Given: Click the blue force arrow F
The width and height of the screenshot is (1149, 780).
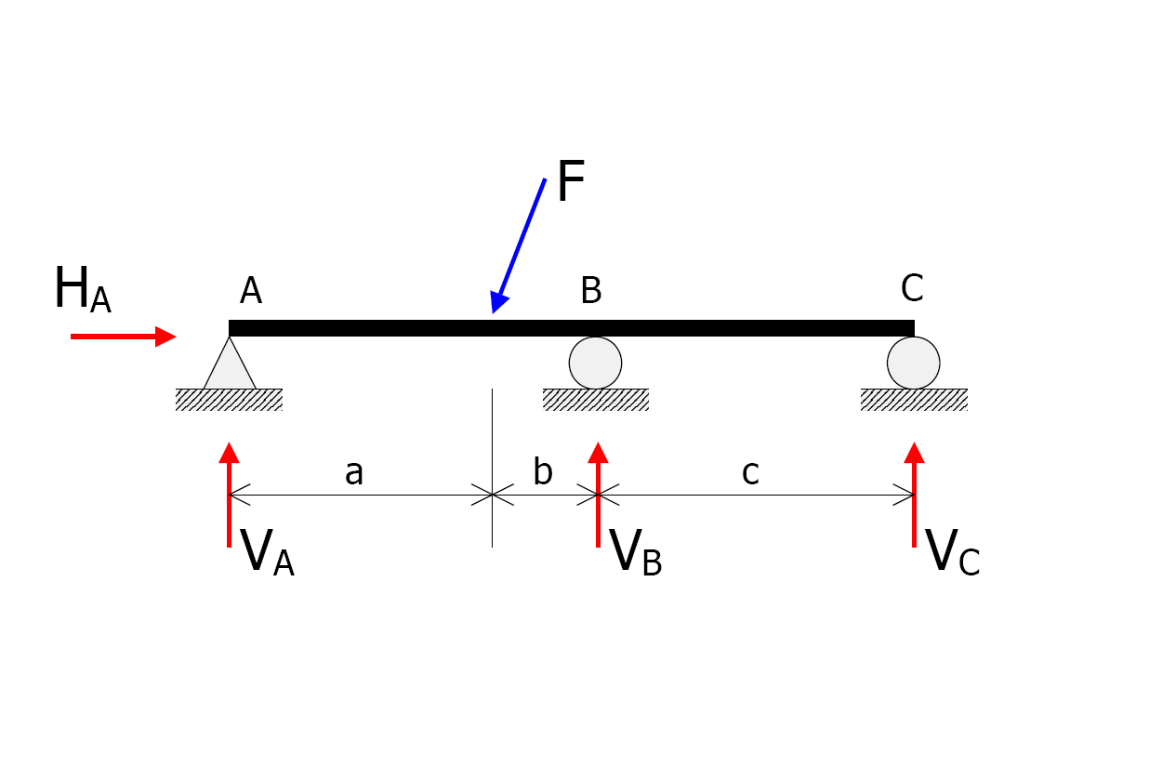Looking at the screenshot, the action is tap(519, 245).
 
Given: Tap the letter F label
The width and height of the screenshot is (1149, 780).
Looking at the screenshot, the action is tap(571, 180).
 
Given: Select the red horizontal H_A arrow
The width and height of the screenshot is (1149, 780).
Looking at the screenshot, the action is tap(123, 337).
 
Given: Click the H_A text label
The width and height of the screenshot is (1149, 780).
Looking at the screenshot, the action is tap(83, 289).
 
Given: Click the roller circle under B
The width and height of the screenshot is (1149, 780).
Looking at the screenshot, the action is tap(595, 364).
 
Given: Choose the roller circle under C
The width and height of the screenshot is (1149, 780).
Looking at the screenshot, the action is tap(914, 364).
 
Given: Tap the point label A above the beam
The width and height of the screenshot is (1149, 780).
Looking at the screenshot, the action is tap(251, 290).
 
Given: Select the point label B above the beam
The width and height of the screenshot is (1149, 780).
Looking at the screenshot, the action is tap(591, 290).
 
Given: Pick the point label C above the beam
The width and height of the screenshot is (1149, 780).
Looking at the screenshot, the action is tap(912, 287).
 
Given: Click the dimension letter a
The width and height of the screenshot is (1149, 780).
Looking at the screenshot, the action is tap(354, 472).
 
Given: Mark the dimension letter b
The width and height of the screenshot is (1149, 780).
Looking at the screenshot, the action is tap(543, 470).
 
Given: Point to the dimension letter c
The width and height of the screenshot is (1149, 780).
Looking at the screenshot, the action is tap(750, 472).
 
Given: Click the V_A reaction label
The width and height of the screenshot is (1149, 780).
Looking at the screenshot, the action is tap(267, 552).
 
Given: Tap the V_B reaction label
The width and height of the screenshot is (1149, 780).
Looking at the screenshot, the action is tap(635, 552).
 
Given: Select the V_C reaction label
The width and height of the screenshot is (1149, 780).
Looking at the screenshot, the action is tap(952, 552).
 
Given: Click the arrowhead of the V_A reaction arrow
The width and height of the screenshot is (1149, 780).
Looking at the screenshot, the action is tap(230, 453).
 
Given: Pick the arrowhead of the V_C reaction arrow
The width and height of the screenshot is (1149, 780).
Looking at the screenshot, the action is tap(914, 453).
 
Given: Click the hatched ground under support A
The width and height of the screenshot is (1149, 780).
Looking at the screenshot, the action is tap(229, 400).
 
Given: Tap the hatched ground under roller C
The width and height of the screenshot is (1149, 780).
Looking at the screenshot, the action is tap(914, 400).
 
